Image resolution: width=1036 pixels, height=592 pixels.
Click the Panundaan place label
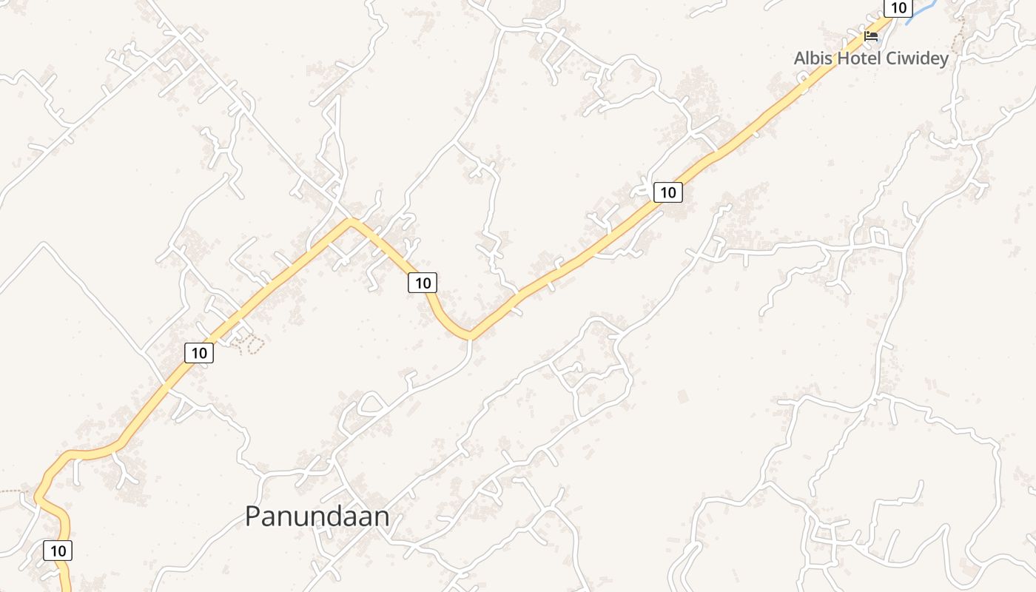coord(317,517)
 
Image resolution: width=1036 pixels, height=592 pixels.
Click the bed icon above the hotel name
coord(871,36)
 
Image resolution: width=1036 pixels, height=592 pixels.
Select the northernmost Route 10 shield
coord(898,8)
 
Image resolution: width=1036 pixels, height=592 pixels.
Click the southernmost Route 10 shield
coord(58,551)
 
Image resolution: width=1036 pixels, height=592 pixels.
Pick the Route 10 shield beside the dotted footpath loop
coord(199,353)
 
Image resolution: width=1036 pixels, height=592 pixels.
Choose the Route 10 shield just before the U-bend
coord(423,282)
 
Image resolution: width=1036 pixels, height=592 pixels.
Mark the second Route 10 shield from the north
coord(667,192)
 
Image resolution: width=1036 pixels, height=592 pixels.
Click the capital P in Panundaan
coord(253,517)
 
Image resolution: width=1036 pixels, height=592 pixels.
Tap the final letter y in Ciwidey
coord(943,59)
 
